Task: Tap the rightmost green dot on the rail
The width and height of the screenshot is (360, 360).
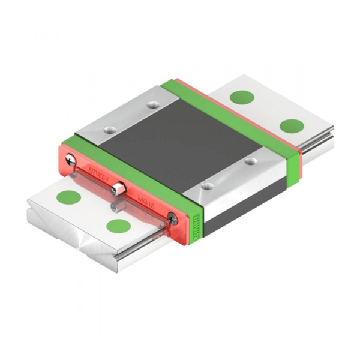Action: click(x=292, y=126)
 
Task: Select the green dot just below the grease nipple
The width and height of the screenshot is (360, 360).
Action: click(x=118, y=226)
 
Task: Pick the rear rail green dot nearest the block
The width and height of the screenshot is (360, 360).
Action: click(x=242, y=97)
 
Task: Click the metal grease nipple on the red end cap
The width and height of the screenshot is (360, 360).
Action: click(x=118, y=188)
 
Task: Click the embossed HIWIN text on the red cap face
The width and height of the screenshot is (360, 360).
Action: click(x=96, y=170)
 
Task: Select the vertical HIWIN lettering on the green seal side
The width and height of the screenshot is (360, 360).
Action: click(x=199, y=229)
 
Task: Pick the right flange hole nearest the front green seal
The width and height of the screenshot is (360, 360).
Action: click(x=206, y=187)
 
